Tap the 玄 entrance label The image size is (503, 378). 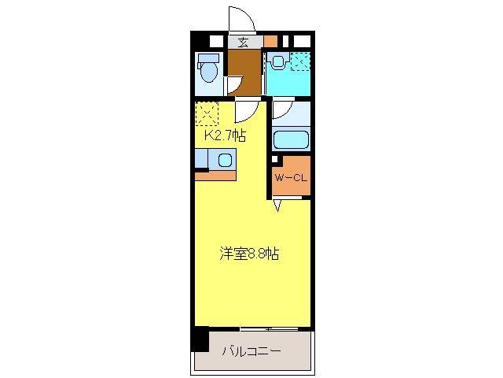coord(244,43)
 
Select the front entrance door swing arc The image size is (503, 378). coord(239,20)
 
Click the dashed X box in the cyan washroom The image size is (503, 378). coord(300,61)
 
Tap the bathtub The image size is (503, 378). coord(292,141)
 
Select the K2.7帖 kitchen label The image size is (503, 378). coord(225,135)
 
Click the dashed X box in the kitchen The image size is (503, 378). coord(206,114)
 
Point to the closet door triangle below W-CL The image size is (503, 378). coord(277,206)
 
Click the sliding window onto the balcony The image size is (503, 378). coord(269,327)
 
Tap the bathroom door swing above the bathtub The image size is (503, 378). coord(283,111)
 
